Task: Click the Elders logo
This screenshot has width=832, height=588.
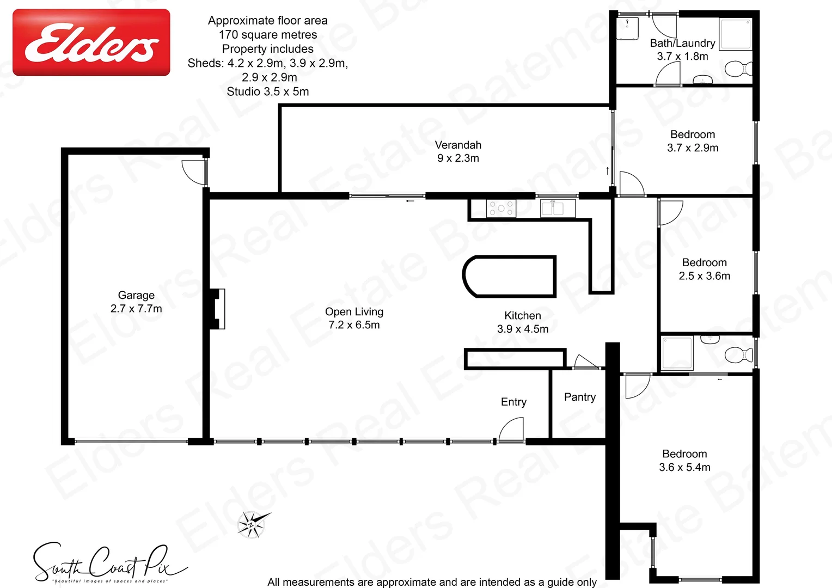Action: click(91, 42)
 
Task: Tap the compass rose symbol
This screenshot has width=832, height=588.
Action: click(252, 524)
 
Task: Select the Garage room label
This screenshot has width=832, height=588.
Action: click(136, 302)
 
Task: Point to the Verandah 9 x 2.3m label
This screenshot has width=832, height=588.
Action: click(458, 151)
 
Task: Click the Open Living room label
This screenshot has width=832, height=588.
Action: click(354, 318)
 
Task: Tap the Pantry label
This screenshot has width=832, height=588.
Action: click(579, 397)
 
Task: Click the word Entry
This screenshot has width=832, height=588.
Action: click(513, 402)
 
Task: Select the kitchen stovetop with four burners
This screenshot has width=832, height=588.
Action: click(501, 208)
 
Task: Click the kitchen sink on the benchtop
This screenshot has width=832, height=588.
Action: click(558, 208)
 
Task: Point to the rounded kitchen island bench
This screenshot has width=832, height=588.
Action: click(509, 276)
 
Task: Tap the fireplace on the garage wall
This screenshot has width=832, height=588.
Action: click(218, 309)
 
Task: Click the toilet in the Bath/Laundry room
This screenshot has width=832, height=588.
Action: click(738, 69)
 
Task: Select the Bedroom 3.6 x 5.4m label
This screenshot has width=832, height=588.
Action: click(684, 461)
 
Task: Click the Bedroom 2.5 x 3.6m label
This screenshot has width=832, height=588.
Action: click(704, 269)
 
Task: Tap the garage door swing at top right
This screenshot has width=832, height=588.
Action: click(193, 171)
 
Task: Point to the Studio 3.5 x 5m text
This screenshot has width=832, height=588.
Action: click(268, 91)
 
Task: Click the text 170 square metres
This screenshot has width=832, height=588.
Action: click(268, 35)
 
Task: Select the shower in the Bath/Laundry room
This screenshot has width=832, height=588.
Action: click(735, 34)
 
